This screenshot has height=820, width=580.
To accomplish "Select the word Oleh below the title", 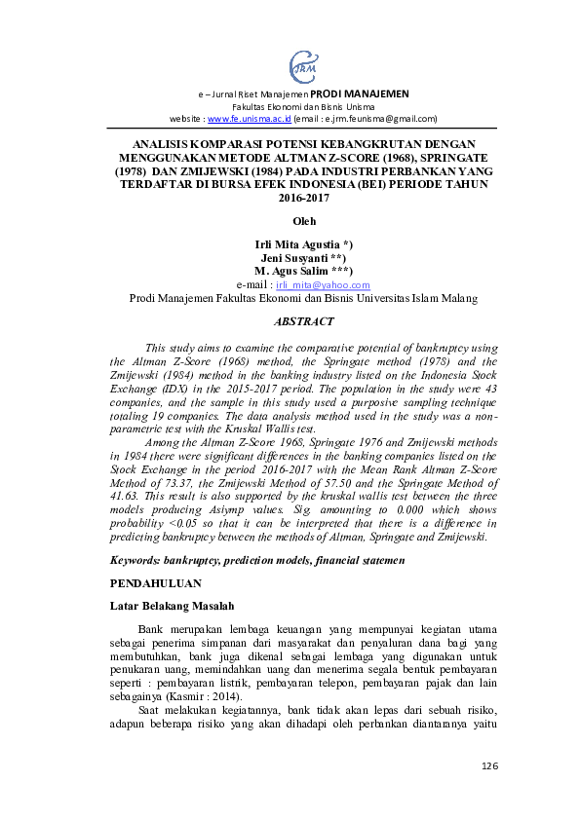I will point(304,221).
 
